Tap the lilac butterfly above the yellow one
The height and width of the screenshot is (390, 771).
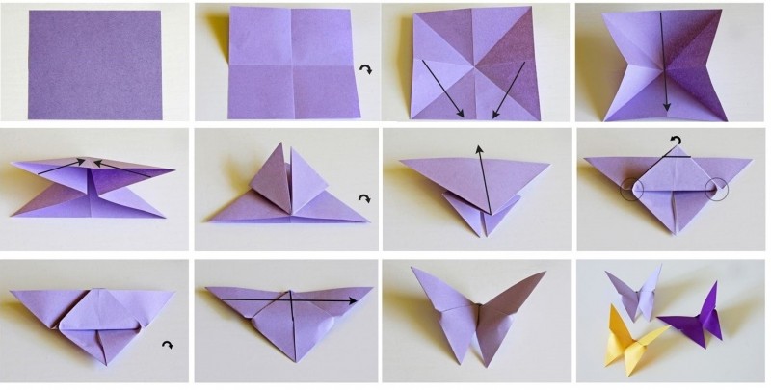click(635, 293)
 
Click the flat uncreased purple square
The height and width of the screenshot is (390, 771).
click(93, 65)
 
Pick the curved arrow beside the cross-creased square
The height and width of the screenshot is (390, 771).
click(364, 69)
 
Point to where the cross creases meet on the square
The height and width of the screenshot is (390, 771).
click(284, 65)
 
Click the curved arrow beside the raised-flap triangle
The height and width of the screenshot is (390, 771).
click(363, 199)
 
